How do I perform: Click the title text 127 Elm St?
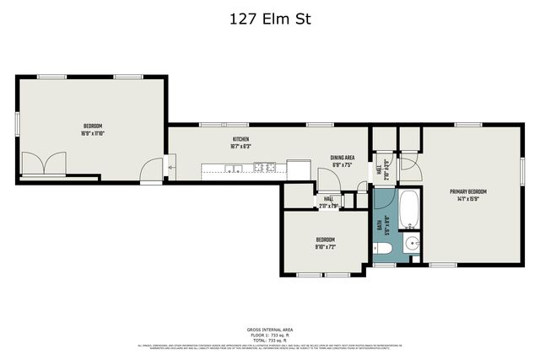270,19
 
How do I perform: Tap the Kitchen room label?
240,139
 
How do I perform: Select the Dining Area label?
342,158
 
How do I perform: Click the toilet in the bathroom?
382,248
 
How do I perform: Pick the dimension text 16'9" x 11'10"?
92,133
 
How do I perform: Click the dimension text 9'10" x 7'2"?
326,247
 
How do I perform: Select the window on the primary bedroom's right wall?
522,169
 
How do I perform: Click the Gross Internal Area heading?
269,330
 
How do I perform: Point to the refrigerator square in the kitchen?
298,167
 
